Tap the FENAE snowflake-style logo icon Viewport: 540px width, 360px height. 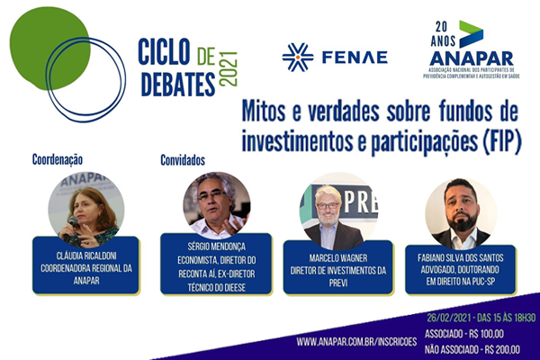297,57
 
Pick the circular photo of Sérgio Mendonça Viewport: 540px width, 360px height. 216,204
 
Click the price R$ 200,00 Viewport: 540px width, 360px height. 500,347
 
